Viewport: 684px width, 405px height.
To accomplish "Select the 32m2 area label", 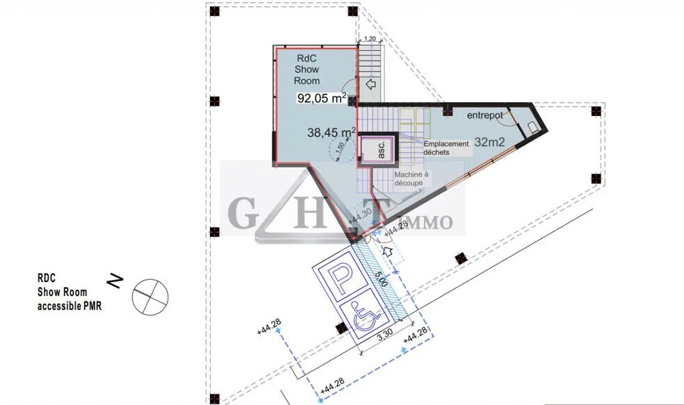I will click(x=489, y=142).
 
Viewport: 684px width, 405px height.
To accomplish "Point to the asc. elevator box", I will click(x=380, y=150).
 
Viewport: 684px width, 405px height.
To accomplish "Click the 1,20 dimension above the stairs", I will click(x=370, y=40).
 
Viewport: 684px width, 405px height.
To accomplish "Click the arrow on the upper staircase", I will click(x=370, y=85).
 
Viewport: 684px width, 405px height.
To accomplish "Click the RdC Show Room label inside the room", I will click(x=307, y=69).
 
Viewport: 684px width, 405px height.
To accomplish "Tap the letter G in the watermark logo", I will click(x=240, y=213).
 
